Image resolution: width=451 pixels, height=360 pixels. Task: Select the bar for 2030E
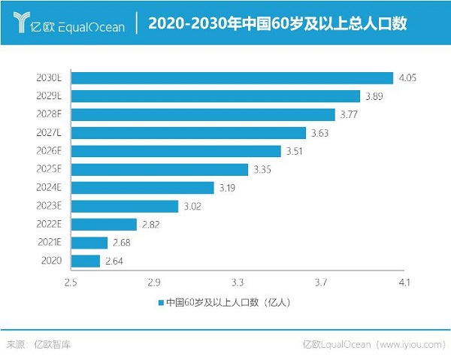point(233,77)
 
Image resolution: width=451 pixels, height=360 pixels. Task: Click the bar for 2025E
point(160,169)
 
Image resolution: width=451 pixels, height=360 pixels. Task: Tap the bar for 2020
point(86,261)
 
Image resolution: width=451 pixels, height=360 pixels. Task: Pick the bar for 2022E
point(104,224)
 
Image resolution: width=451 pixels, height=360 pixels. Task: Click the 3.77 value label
point(349,114)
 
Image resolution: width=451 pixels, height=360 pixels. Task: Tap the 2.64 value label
point(114,261)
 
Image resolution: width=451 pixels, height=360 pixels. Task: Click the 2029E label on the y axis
point(53,96)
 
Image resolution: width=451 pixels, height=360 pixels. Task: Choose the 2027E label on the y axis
point(53,133)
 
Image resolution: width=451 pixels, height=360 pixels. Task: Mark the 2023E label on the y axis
point(53,206)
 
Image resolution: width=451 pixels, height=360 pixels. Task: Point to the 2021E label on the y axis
point(53,243)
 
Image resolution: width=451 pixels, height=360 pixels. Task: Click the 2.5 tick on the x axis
point(71,283)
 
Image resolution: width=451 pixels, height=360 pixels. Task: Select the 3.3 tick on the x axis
point(238,283)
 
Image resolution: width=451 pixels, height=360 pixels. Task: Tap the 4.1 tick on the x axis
point(404,283)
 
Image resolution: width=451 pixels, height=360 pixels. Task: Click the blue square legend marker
point(161,303)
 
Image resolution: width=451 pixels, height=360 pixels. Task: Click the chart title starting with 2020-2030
point(277,24)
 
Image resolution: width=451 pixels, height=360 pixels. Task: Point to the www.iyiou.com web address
point(409,345)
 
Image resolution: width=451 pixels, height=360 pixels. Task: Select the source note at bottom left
point(39,345)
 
